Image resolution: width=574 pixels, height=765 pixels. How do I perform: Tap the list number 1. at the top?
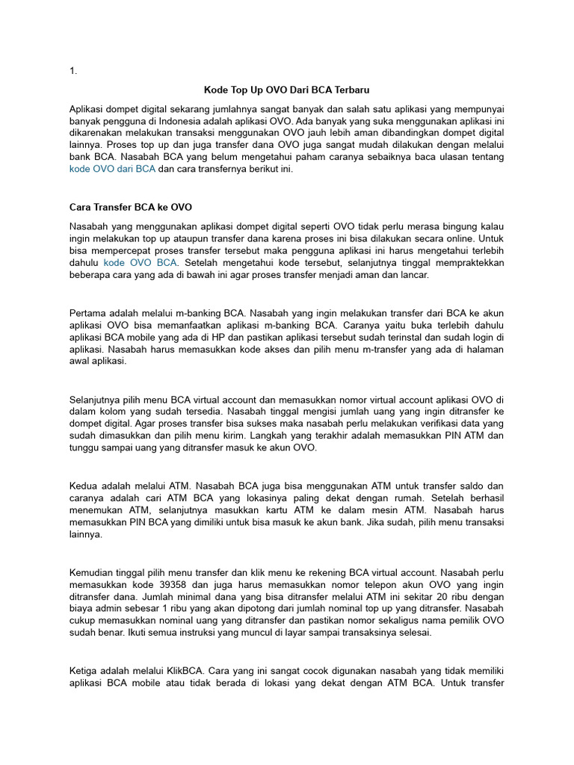click(73, 71)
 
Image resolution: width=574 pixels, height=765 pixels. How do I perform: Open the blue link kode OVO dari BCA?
click(112, 169)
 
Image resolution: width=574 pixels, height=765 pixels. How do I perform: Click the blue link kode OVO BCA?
click(140, 263)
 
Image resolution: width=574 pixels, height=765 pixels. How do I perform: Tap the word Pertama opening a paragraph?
click(89, 313)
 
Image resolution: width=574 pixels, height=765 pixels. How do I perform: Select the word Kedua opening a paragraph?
click(86, 484)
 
